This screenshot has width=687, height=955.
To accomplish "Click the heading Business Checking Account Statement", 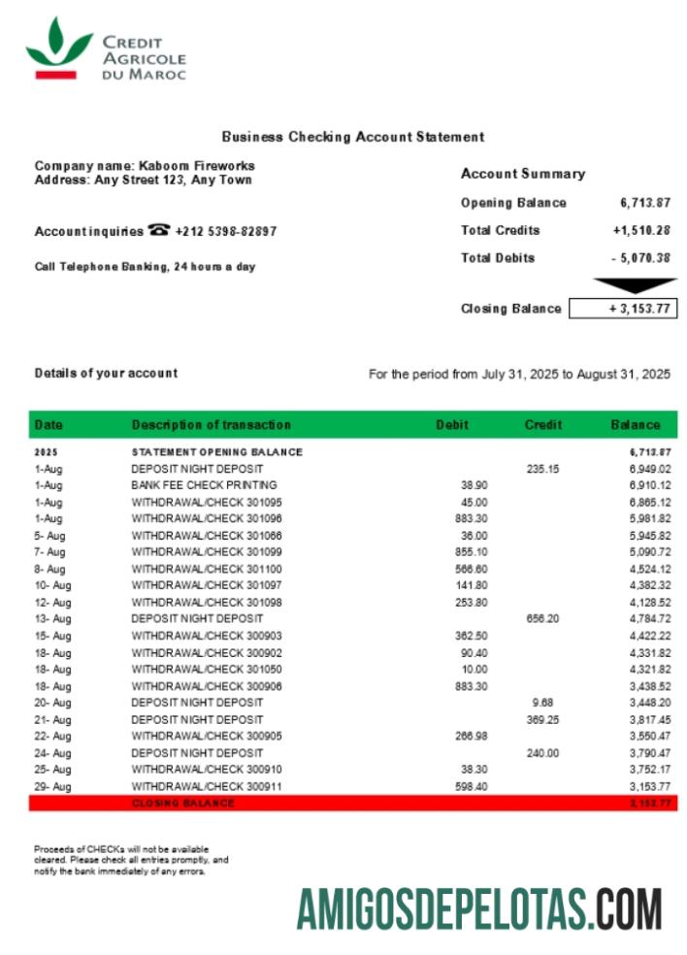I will tap(352, 137).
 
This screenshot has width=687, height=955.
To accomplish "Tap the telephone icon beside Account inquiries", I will tap(159, 231).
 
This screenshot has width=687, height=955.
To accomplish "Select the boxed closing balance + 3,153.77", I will tap(623, 309).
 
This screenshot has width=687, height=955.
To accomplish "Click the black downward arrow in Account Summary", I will tap(635, 285).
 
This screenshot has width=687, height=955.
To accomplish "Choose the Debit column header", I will tap(451, 425).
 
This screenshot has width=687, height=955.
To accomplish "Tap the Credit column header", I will tap(543, 425).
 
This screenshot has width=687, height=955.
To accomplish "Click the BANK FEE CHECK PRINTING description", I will tap(204, 484).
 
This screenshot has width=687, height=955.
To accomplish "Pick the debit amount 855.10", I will tap(474, 551).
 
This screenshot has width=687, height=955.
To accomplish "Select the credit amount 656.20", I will tap(542, 618).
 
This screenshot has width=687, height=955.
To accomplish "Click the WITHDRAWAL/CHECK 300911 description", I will tap(207, 786).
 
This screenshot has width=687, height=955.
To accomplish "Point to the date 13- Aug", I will tap(52, 618).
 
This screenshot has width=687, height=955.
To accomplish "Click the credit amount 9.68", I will tap(542, 702).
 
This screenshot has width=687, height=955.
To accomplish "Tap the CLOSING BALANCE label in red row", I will tap(182, 804).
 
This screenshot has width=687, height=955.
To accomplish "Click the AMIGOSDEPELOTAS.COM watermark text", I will tap(479, 909).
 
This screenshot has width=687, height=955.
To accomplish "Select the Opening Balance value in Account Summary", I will tap(645, 203).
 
